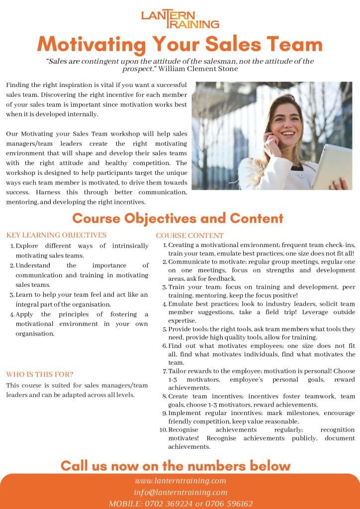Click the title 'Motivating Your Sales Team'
[x=180, y=45]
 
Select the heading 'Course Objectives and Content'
[x=178, y=218]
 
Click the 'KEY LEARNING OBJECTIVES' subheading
[x=56, y=235]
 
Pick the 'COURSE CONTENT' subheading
[x=189, y=236]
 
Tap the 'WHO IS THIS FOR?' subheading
[x=40, y=374]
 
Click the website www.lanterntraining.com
[x=180, y=481]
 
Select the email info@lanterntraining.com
[x=180, y=492]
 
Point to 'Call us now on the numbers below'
[x=175, y=466]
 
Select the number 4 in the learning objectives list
[x=11, y=315]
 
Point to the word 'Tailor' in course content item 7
[x=177, y=371]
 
